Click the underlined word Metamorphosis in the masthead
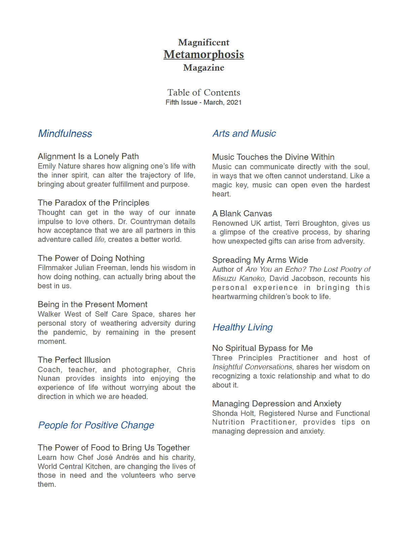(203, 55)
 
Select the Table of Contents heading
(203, 93)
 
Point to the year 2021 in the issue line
(234, 102)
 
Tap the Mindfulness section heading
(65, 134)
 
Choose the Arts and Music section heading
(244, 134)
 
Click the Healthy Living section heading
(243, 327)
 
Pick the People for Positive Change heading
(96, 425)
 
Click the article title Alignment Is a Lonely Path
(88, 156)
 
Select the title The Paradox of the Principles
(93, 203)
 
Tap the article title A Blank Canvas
(242, 214)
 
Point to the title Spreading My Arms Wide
(260, 260)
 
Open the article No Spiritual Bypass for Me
(262, 348)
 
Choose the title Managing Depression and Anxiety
(276, 404)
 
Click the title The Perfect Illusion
(74, 360)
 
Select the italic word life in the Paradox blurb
(100, 240)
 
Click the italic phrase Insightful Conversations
(253, 367)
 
